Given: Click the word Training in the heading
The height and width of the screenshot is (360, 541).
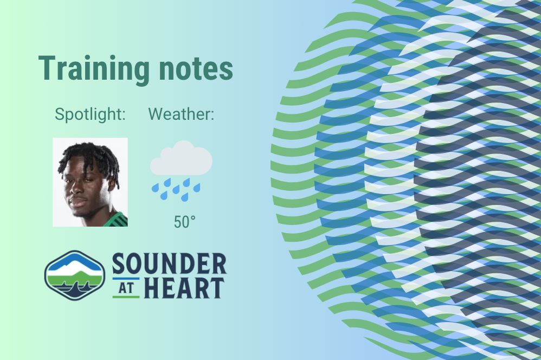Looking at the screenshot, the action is tap(94, 69).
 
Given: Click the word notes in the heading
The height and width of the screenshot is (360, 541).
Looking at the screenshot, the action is tap(196, 69).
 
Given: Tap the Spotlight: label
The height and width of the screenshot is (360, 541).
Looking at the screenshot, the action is tap(90, 114).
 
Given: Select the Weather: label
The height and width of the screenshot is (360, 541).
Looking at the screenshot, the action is tap(181, 114).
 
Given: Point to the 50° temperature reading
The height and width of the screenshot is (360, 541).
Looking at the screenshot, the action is tap(185, 222).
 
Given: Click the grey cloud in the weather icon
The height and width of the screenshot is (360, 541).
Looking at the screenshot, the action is tap(181, 158).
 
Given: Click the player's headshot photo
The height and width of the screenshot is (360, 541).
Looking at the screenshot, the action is tap(90, 182).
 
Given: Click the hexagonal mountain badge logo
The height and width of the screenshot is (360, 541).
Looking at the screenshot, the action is tap(74, 275).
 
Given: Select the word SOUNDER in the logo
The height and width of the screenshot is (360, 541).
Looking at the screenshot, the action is tap(170, 263).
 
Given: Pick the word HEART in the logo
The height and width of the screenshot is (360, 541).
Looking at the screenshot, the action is tap(184, 288).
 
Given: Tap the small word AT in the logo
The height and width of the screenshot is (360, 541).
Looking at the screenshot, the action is tap(126, 288).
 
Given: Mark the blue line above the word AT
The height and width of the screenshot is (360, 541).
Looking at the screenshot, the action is tap(126, 279).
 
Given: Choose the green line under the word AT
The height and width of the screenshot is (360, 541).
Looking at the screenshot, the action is tap(126, 297).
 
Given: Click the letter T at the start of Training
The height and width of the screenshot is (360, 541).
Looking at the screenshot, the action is tap(46, 68).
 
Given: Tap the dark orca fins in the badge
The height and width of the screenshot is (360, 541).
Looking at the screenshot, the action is tap(74, 289).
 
